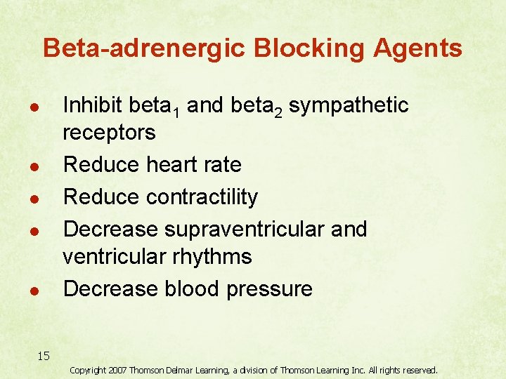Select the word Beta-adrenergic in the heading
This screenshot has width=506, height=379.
(x=144, y=48)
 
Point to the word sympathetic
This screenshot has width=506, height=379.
(x=349, y=106)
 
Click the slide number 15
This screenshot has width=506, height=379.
(x=44, y=356)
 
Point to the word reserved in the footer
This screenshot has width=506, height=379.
(x=417, y=370)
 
